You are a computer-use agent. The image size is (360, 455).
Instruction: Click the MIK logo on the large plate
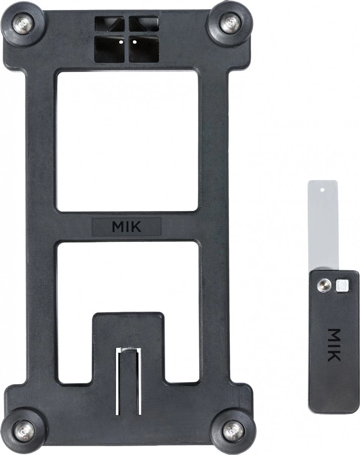tap(127, 227)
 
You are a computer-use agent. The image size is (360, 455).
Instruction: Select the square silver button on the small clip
tap(342, 285)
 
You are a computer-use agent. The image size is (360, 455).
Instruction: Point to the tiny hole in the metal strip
tap(322, 190)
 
